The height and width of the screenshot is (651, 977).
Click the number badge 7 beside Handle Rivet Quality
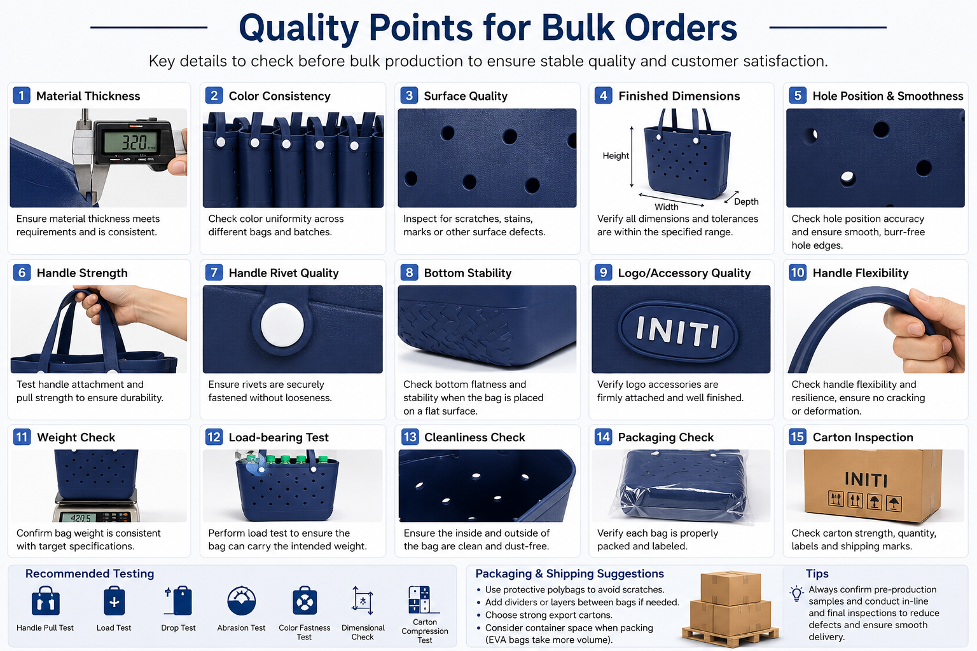pyautogui.click(x=214, y=273)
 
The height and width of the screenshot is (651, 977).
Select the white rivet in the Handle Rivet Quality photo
pyautogui.click(x=282, y=325)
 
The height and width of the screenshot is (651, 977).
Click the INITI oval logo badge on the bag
pyautogui.click(x=678, y=332)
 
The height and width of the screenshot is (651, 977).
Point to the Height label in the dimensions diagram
pyautogui.click(x=616, y=156)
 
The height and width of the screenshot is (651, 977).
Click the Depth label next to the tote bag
pyautogui.click(x=746, y=202)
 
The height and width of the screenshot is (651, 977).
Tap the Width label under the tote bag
pyautogui.click(x=666, y=207)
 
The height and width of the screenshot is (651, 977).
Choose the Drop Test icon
pyautogui.click(x=178, y=600)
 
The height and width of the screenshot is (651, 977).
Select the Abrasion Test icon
pyautogui.click(x=241, y=600)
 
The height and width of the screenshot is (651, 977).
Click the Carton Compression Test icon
pyautogui.click(x=421, y=600)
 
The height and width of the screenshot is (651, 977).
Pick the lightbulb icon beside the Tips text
pyautogui.click(x=796, y=593)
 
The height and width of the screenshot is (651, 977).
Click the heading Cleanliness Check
pyautogui.click(x=475, y=437)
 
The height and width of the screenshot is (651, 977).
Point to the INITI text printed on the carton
pyautogui.click(x=866, y=479)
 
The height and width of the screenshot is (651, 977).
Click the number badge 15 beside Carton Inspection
pyautogui.click(x=797, y=437)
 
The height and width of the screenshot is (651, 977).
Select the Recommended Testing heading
pyautogui.click(x=90, y=573)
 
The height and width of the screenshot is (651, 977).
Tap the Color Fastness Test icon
pyautogui.click(x=305, y=600)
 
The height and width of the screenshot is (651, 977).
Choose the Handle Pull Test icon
pyautogui.click(x=45, y=600)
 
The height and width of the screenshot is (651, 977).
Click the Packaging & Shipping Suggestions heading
pyautogui.click(x=570, y=574)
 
